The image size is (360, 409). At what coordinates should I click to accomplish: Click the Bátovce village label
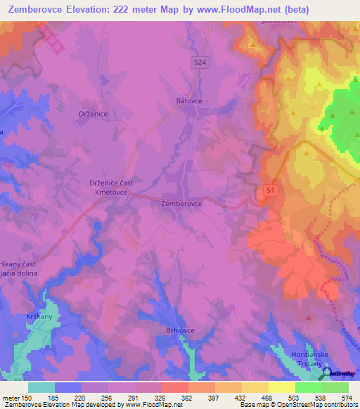[189, 101]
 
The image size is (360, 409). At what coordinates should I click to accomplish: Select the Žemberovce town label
[182, 204]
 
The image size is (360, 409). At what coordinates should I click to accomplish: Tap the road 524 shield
[201, 63]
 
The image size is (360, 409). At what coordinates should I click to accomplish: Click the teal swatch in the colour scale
[41, 387]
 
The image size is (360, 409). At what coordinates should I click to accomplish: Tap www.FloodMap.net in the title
[247, 11]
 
